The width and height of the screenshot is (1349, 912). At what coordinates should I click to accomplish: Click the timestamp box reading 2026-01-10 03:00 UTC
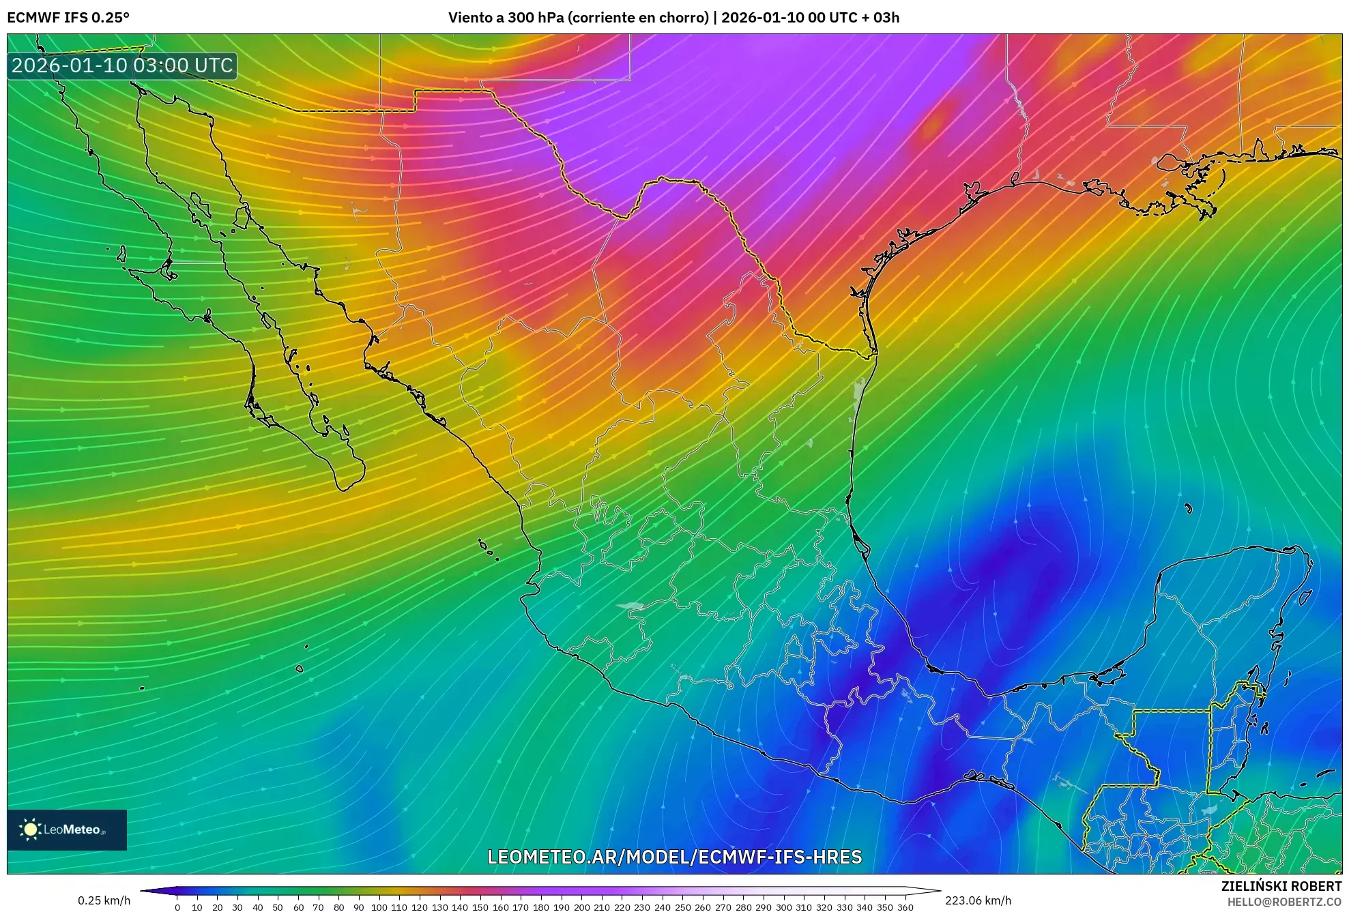point(122,65)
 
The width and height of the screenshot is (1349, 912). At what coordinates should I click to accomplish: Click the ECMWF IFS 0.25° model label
point(68,18)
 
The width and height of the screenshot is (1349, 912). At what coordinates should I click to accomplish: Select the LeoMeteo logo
point(67,829)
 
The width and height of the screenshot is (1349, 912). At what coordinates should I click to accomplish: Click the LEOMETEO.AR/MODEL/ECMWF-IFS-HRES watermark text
point(674,857)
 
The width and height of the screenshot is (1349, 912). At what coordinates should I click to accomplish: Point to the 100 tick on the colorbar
point(379,907)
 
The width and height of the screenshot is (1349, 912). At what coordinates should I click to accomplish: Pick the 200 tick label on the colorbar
point(581,907)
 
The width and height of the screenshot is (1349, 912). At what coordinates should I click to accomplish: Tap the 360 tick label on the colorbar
point(905,907)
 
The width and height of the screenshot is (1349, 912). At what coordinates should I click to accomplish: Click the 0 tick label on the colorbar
point(177,907)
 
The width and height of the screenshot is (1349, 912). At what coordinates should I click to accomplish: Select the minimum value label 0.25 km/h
point(104,900)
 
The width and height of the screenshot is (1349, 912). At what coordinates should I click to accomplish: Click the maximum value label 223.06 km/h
point(978,900)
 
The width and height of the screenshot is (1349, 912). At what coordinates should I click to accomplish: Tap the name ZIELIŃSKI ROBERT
point(1281,886)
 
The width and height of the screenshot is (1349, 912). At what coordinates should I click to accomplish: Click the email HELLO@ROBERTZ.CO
point(1284,902)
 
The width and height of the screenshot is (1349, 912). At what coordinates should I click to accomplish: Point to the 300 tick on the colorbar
point(783,907)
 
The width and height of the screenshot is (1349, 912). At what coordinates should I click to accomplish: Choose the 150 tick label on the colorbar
point(480,907)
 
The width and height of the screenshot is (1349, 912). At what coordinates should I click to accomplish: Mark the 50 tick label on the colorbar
point(278,907)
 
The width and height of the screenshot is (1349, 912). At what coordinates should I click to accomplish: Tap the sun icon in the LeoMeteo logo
point(30,829)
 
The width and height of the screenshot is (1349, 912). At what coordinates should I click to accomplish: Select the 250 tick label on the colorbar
point(682,907)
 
